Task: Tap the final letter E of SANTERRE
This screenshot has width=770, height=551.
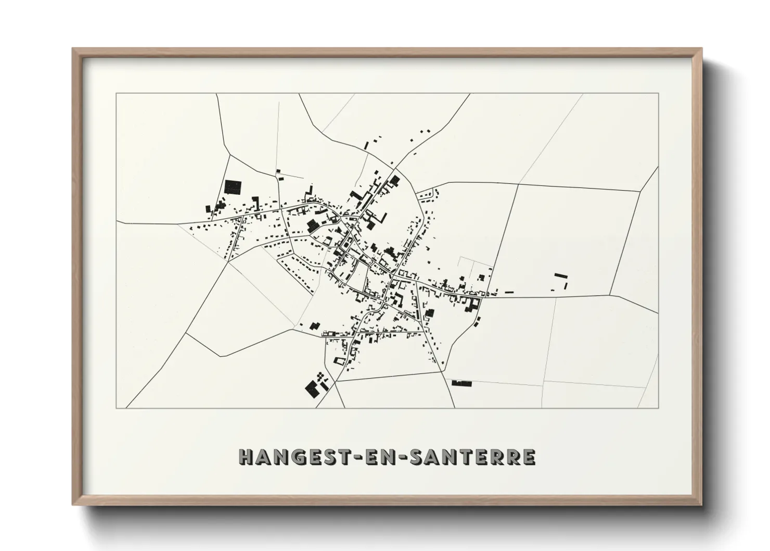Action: pos(529,457)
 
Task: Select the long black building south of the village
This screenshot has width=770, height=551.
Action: pos(461,383)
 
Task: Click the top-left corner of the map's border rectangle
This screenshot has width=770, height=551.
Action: pos(116,94)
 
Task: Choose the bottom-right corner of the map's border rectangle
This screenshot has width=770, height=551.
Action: pos(659,408)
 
